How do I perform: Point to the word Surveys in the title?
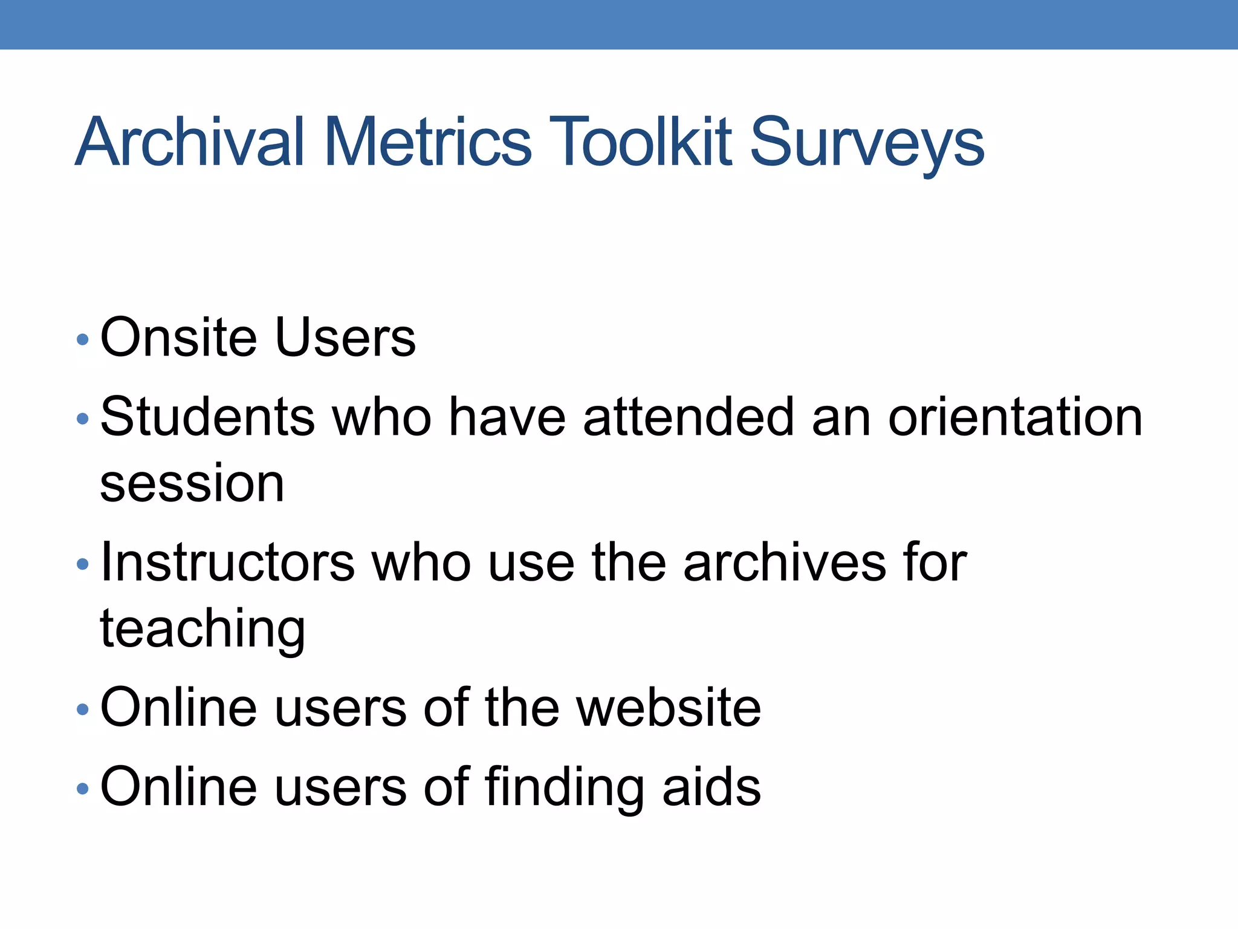point(867,145)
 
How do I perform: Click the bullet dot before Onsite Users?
point(83,339)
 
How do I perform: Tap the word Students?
point(207,417)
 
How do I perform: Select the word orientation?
point(1015,417)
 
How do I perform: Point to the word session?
point(192,484)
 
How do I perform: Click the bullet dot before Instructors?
point(83,565)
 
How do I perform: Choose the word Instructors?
point(227,563)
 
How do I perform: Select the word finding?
point(564,787)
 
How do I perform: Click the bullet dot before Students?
point(83,419)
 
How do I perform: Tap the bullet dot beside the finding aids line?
point(83,789)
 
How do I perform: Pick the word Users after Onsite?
point(345,337)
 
